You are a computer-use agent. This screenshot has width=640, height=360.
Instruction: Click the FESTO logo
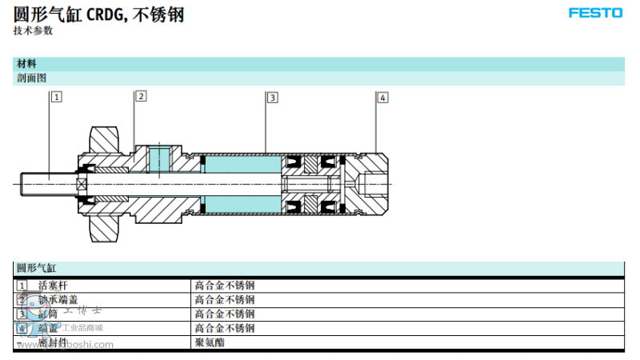[x=597, y=14]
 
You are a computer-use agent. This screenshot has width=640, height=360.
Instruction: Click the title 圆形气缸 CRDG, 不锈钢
[x=99, y=14]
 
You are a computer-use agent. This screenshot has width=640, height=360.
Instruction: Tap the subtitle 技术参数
[x=33, y=30]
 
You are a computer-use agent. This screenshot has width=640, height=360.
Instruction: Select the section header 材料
[x=26, y=64]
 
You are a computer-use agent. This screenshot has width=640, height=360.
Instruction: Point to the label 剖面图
[x=32, y=78]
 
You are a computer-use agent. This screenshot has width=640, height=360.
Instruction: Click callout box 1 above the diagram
[x=57, y=97]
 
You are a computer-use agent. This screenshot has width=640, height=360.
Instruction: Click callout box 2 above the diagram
[x=141, y=96]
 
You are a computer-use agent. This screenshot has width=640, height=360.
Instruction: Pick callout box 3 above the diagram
[x=272, y=98]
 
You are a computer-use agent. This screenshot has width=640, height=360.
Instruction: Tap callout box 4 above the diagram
[x=382, y=98]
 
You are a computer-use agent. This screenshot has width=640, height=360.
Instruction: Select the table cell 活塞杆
[x=54, y=285]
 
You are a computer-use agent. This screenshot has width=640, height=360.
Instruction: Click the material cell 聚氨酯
[x=210, y=342]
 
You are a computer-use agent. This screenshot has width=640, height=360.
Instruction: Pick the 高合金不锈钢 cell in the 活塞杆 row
[x=224, y=285]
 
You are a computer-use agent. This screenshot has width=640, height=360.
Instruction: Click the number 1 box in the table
[x=22, y=285]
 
